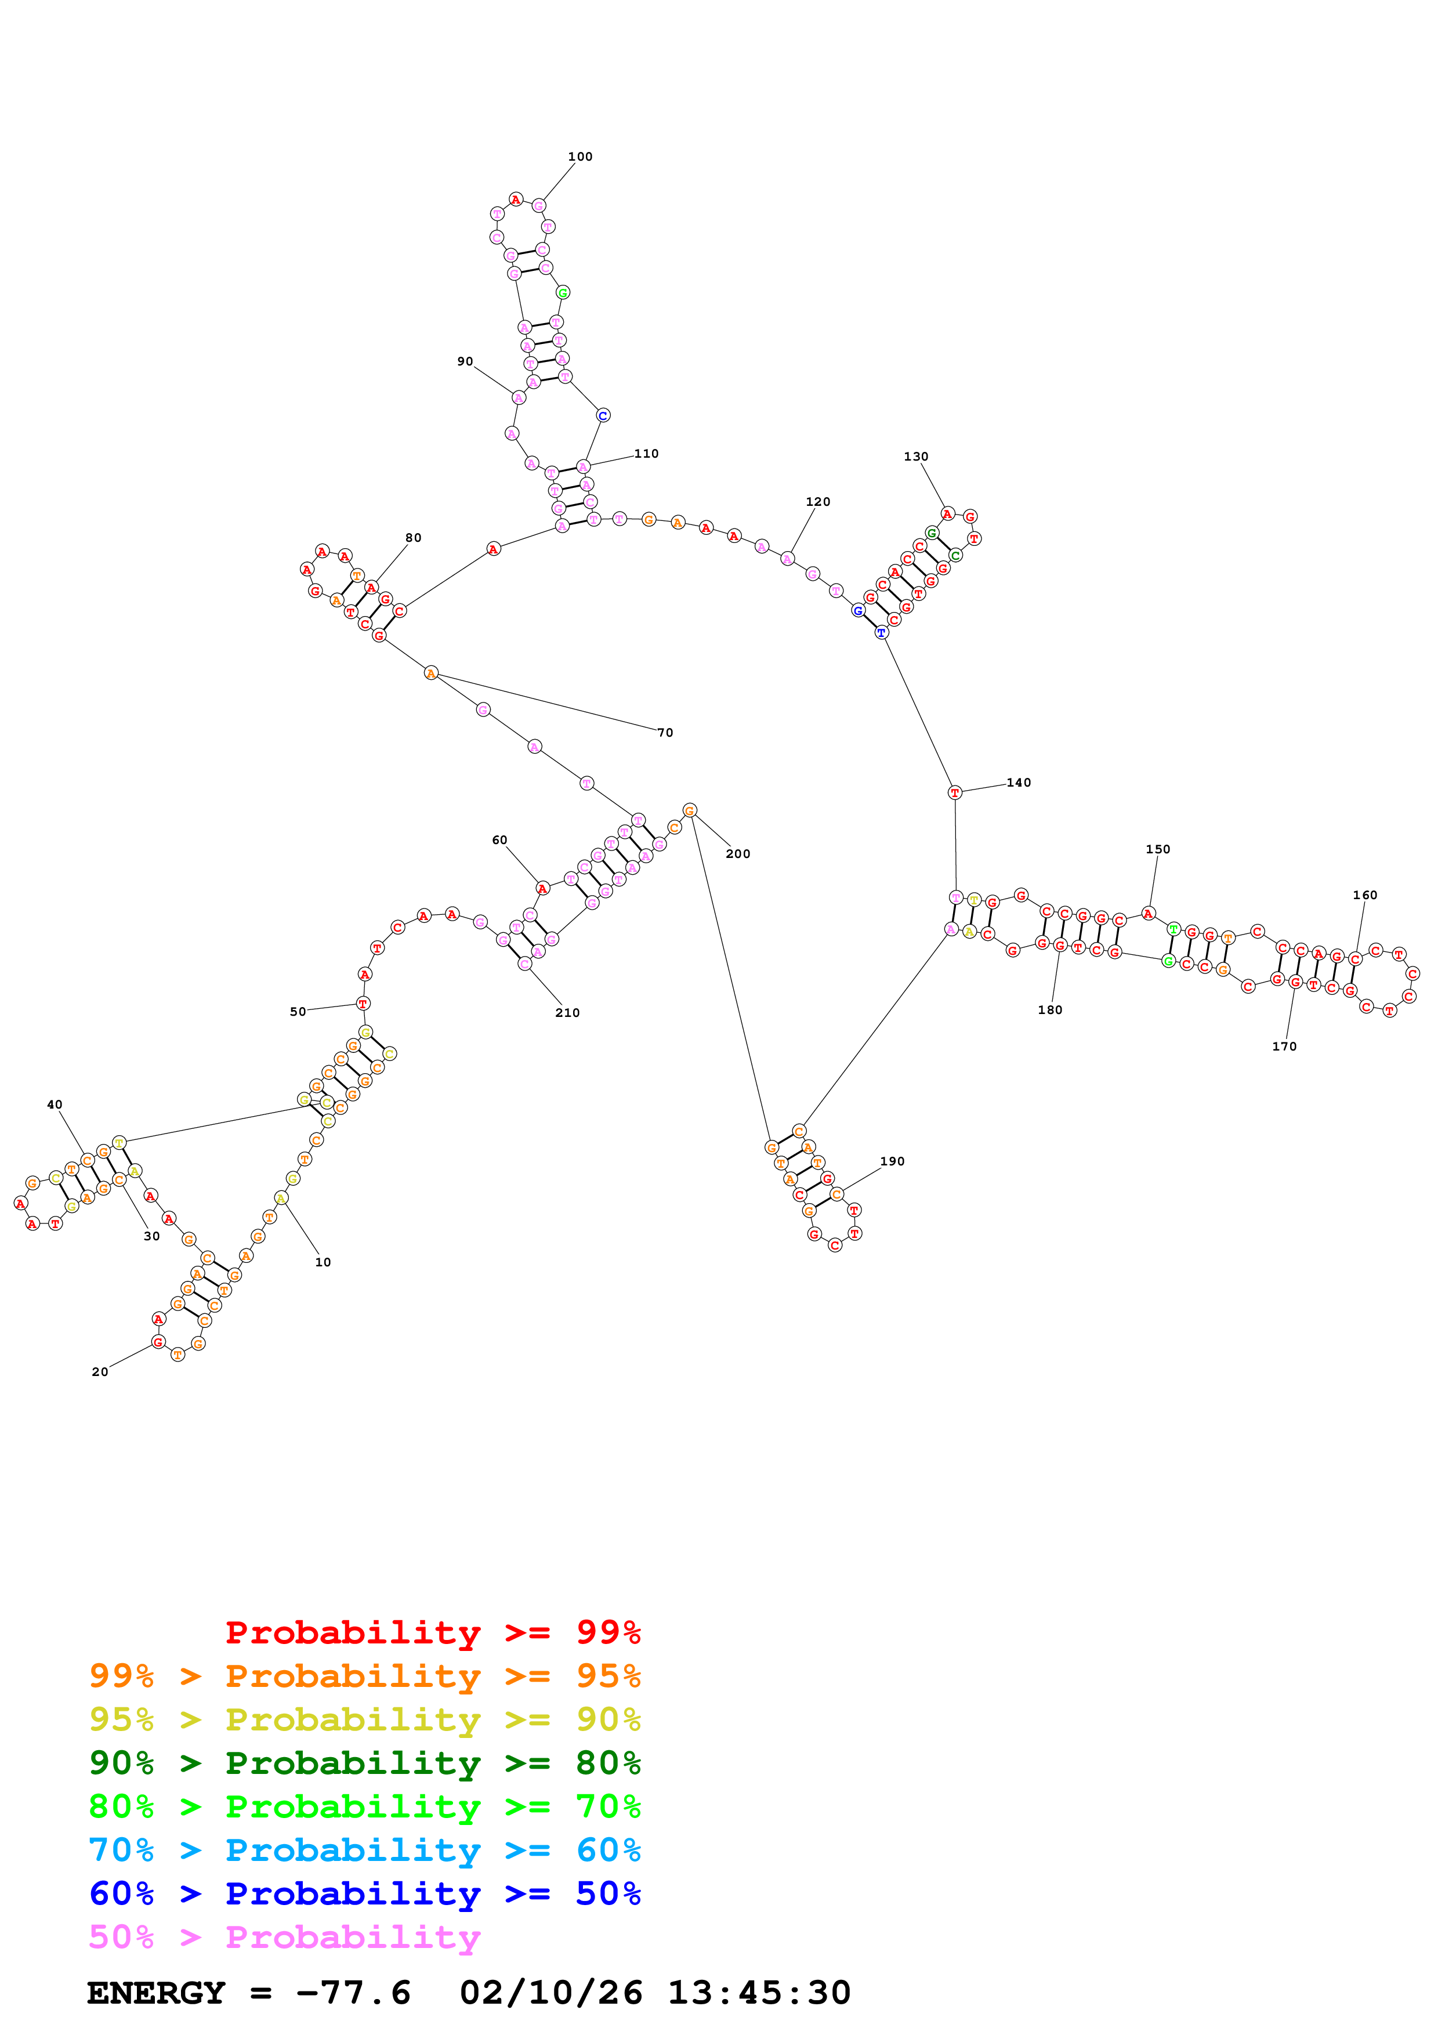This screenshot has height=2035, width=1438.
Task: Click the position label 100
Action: pyautogui.click(x=579, y=157)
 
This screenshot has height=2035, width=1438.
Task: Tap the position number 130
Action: pyautogui.click(x=915, y=457)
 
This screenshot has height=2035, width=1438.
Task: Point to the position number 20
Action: pyautogui.click(x=100, y=1372)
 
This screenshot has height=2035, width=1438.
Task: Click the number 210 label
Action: pyautogui.click(x=567, y=1013)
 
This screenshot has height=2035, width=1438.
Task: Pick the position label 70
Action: pyautogui.click(x=665, y=733)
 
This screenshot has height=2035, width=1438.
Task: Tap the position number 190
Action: pyautogui.click(x=892, y=1161)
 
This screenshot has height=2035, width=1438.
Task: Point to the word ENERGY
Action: pyautogui.click(x=156, y=1993)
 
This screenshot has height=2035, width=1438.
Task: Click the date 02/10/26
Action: pyautogui.click(x=550, y=1993)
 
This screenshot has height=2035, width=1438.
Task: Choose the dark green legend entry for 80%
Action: pyautogui.click(x=364, y=1763)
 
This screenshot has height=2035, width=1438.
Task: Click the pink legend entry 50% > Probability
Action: pyautogui.click(x=284, y=1938)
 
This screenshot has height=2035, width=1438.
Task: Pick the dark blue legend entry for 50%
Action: pyautogui.click(x=364, y=1893)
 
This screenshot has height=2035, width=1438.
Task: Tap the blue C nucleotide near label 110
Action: pyautogui.click(x=603, y=416)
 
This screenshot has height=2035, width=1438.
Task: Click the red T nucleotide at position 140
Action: pyautogui.click(x=954, y=792)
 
